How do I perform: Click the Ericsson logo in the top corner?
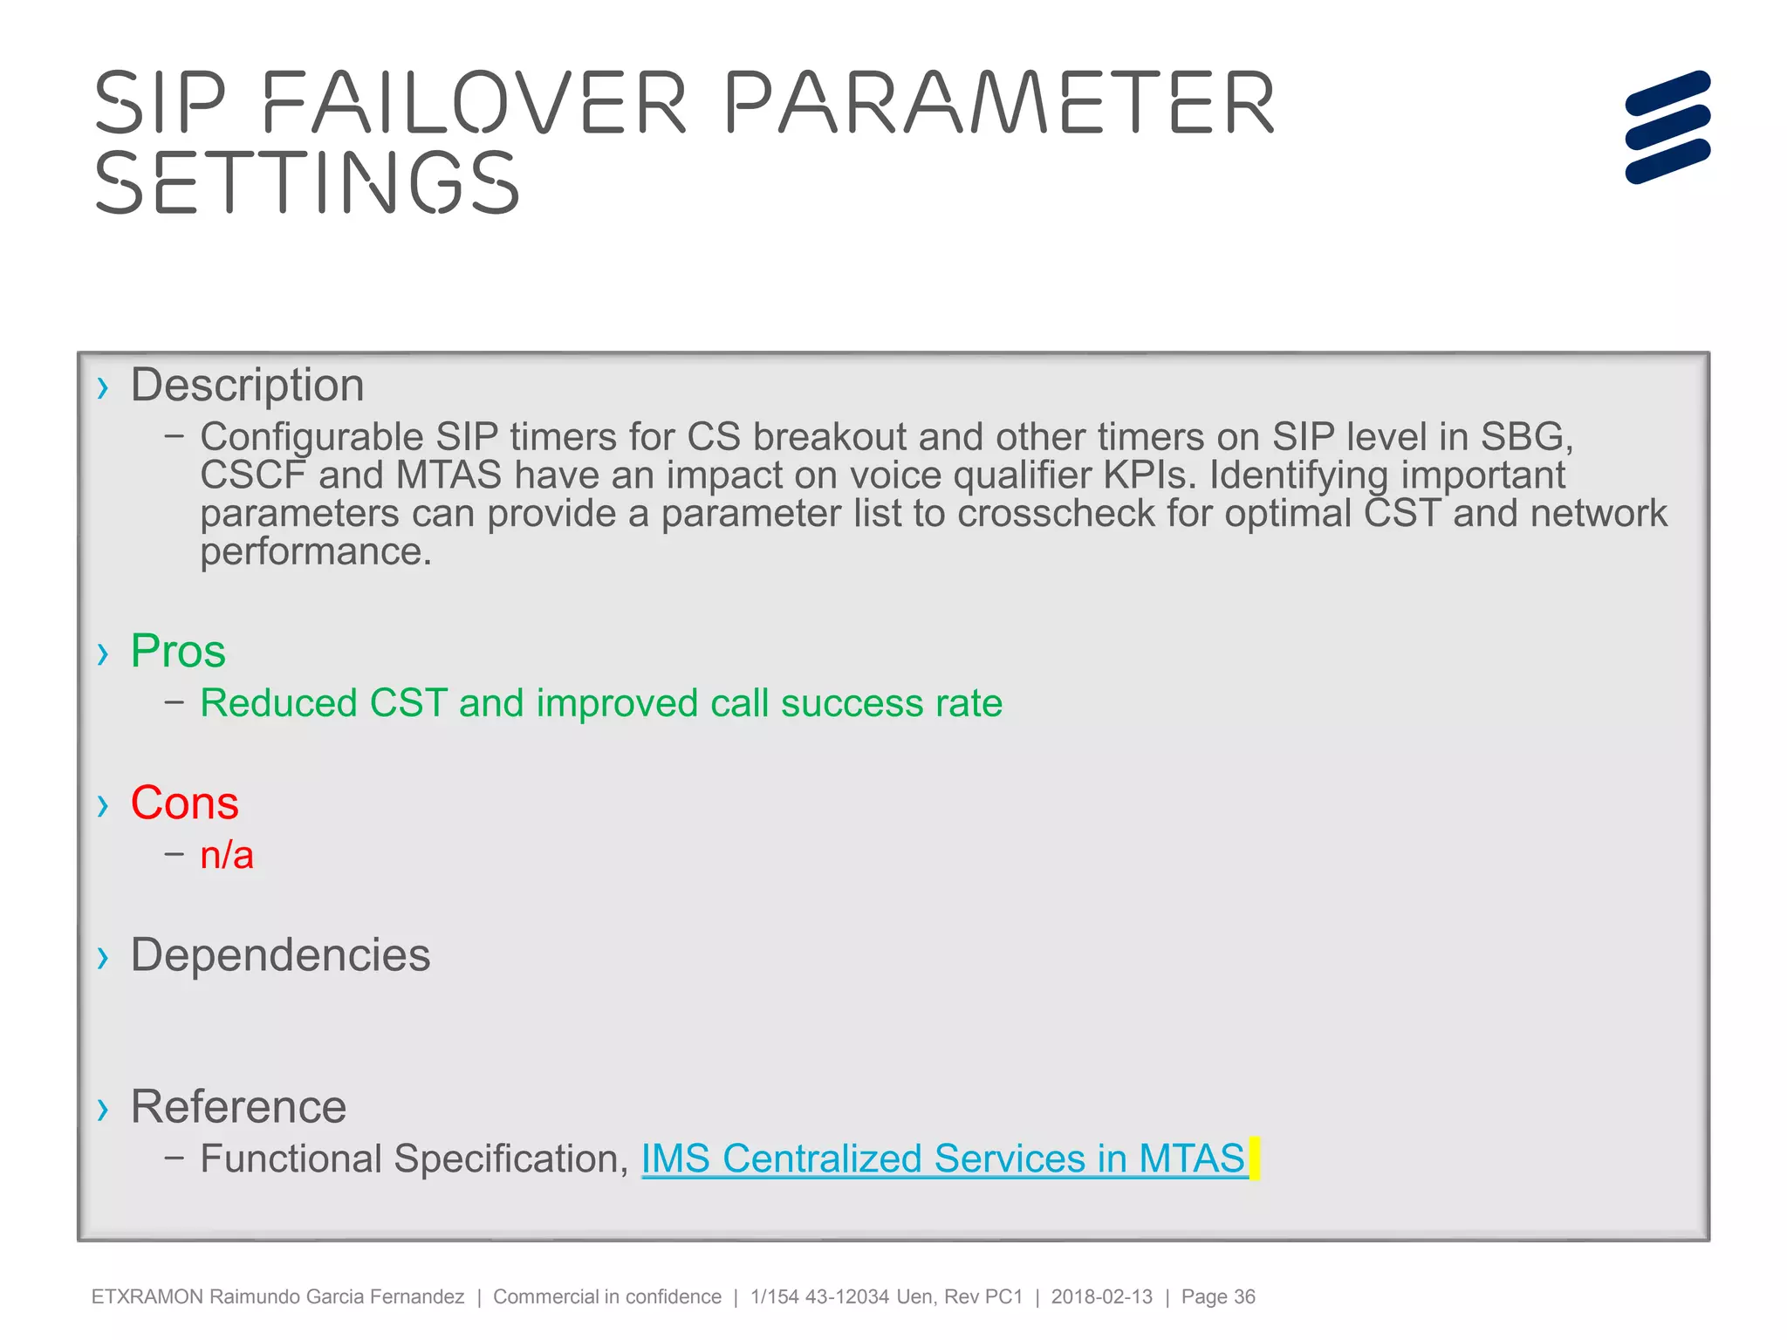1667,127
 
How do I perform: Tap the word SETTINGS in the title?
307,182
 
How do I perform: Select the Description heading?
247,385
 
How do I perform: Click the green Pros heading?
178,651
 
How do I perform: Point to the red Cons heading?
184,803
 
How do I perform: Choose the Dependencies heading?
280,954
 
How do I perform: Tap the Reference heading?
238,1106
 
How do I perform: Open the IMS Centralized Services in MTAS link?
943,1159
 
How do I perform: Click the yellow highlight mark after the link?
1255,1159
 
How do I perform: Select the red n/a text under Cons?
227,856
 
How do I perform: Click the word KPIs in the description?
1149,475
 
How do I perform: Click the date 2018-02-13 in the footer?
1101,1296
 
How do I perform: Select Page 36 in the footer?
1218,1296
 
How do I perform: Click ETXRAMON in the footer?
147,1296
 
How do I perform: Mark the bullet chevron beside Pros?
103,653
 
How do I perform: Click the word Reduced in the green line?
278,703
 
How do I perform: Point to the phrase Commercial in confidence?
607,1296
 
